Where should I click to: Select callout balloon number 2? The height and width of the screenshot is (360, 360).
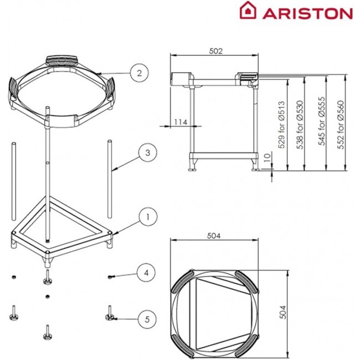coord(140,72)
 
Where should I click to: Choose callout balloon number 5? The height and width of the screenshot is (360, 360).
coord(147,318)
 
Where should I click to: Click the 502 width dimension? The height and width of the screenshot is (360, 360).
coord(216,51)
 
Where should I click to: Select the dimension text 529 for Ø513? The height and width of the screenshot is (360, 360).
coord(281,124)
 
